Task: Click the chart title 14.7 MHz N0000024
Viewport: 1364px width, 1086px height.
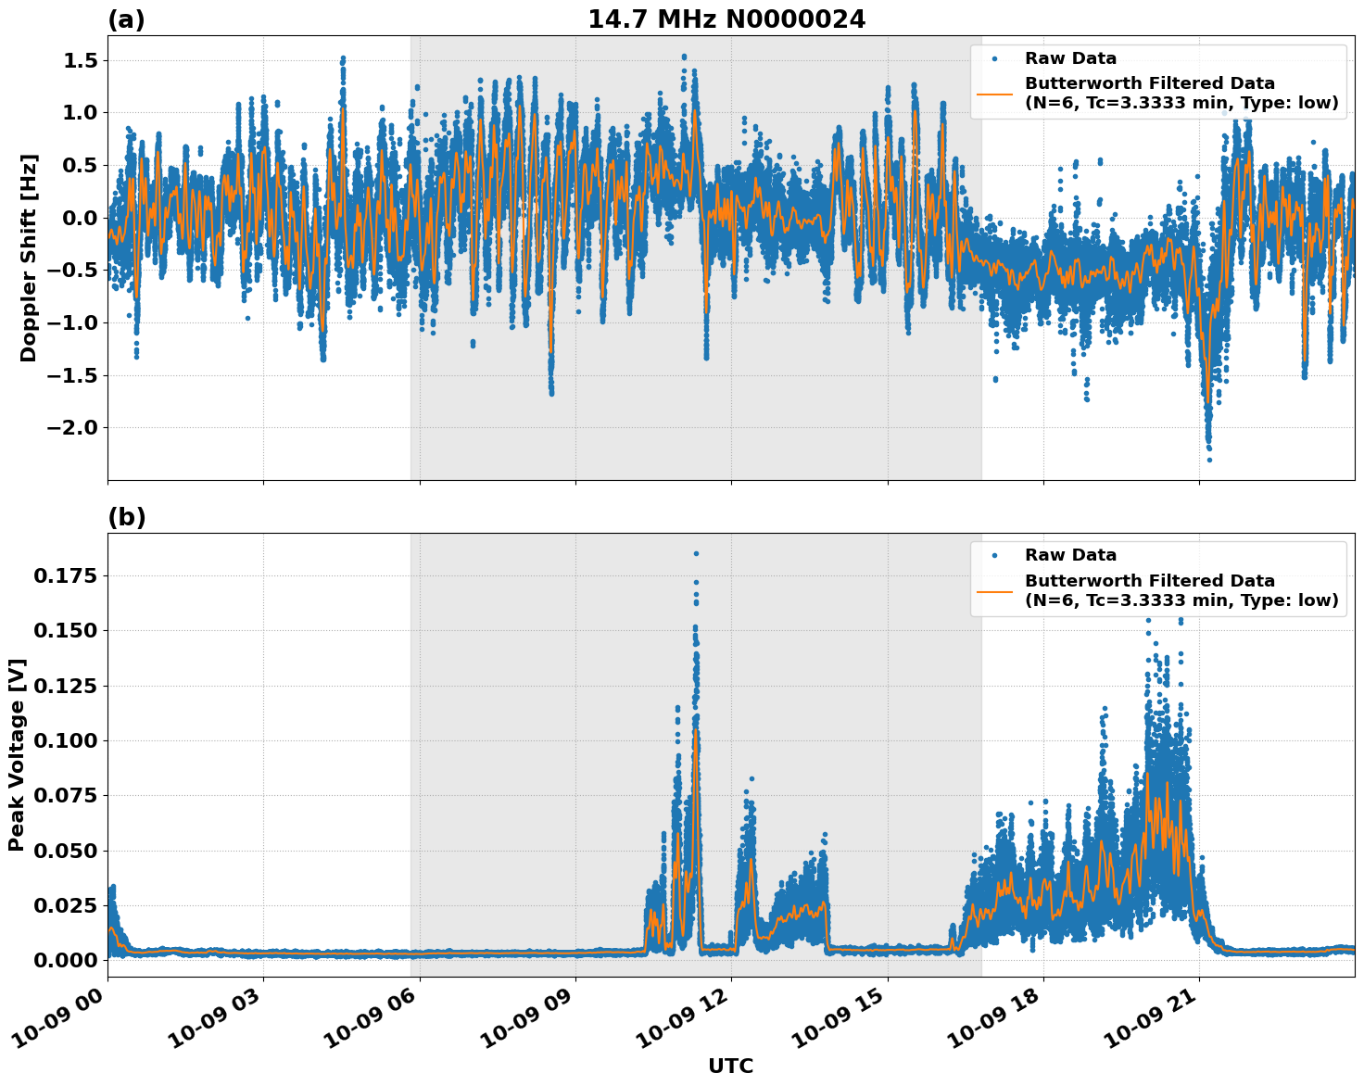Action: tap(726, 19)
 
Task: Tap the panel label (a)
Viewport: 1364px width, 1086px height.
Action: tap(126, 19)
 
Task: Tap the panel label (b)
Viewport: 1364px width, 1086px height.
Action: tap(126, 517)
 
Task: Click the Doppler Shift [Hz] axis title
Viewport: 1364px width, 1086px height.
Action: tap(29, 258)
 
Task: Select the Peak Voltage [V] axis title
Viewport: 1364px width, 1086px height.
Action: tap(17, 754)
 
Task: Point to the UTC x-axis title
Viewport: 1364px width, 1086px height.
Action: tap(730, 1066)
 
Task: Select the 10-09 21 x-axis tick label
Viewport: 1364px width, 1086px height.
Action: tap(1148, 1027)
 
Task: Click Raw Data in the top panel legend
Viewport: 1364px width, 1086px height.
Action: tap(1070, 58)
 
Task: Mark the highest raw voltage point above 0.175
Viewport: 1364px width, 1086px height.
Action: tap(696, 553)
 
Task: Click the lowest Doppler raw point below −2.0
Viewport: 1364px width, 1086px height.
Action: tap(1209, 460)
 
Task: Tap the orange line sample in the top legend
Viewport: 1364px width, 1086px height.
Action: tap(995, 93)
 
